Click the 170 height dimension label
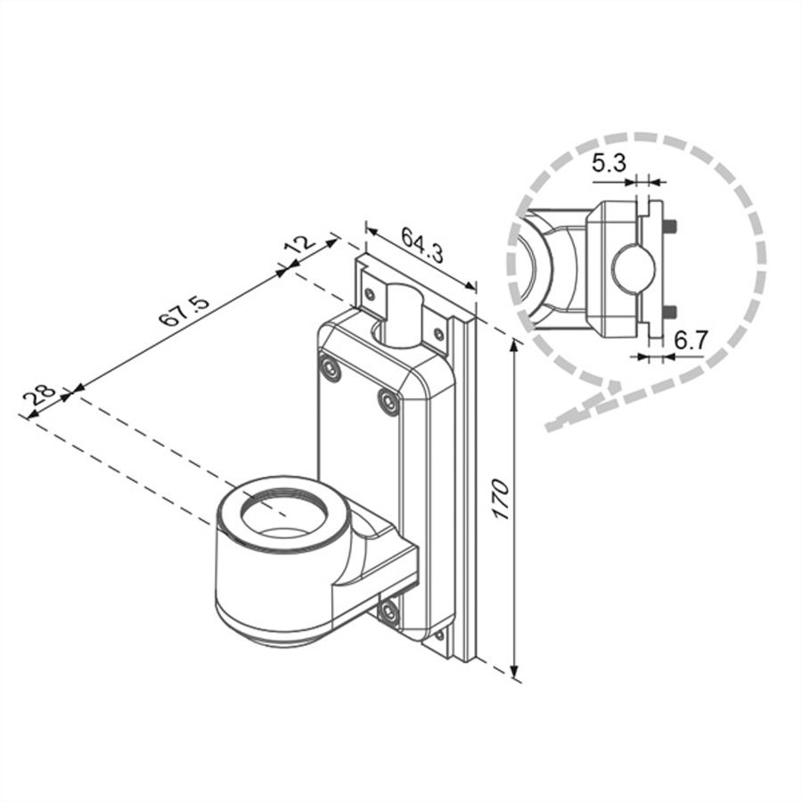click(500, 502)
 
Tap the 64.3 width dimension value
click(422, 246)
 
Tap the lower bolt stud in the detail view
click(670, 312)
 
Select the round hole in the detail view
click(634, 267)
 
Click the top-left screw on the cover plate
click(330, 369)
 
